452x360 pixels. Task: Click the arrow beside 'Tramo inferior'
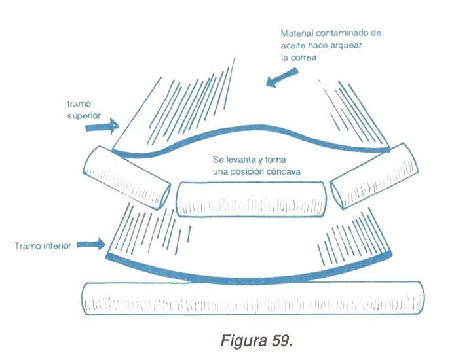coord(92,245)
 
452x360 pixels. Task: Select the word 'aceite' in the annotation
coord(293,45)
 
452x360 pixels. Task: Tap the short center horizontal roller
coord(252,200)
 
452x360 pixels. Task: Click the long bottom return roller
coord(252,300)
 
